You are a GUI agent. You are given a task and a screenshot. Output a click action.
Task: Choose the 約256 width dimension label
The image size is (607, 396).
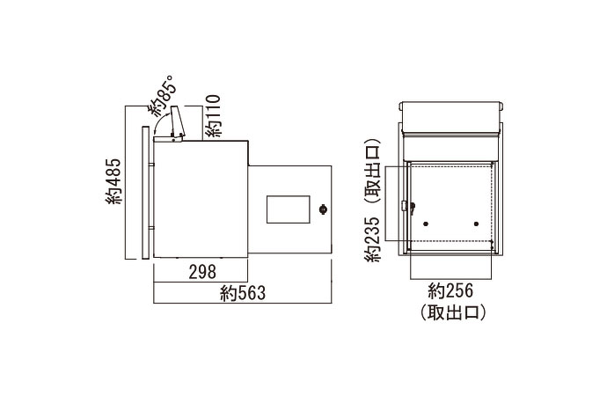[451, 291]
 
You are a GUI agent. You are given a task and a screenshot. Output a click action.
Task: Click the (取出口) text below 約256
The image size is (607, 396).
[451, 311]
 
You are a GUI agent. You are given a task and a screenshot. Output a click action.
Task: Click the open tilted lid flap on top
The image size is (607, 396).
[177, 122]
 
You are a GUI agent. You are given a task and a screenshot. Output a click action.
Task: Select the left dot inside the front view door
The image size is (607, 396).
[425, 223]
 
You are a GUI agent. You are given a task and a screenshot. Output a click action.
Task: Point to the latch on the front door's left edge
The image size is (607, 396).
[405, 208]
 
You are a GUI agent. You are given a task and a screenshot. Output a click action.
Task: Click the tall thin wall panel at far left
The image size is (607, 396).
[143, 192]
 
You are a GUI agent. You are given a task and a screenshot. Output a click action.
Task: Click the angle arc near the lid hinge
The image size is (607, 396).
[159, 128]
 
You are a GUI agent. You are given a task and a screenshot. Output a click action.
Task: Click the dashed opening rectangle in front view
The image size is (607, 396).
[450, 202]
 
